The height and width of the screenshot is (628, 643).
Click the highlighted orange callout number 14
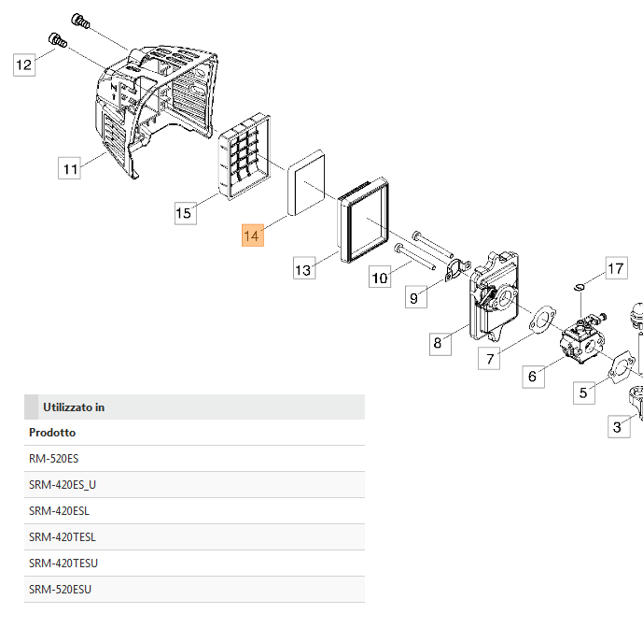[252, 235]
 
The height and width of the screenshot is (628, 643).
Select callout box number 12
[24, 64]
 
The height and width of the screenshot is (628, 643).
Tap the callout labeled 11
[69, 168]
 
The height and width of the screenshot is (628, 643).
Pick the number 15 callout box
[184, 213]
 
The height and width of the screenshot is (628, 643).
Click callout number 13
[302, 270]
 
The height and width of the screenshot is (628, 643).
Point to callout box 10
[379, 277]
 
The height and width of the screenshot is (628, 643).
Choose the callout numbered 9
[415, 298]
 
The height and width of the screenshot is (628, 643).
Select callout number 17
[616, 269]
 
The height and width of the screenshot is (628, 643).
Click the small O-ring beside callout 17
[580, 286]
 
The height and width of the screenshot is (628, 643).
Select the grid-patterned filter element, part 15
[245, 155]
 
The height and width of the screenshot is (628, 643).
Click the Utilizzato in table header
[74, 407]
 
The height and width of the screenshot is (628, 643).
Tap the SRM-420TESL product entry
[63, 536]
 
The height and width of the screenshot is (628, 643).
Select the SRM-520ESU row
[61, 589]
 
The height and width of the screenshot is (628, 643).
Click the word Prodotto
[53, 433]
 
